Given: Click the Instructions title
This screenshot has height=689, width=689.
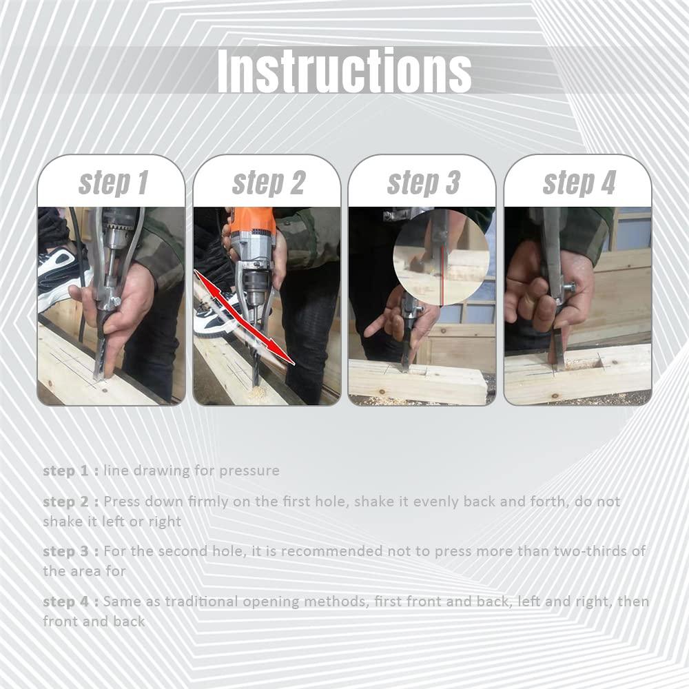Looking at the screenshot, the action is pyautogui.click(x=344, y=70).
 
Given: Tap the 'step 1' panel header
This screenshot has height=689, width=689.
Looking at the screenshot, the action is pyautogui.click(x=113, y=183).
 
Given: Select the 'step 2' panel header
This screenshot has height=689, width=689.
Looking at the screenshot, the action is pyautogui.click(x=268, y=183).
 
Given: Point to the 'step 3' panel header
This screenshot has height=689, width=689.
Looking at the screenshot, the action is pyautogui.click(x=423, y=183).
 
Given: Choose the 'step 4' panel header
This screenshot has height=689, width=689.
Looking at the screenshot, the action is pyautogui.click(x=579, y=183).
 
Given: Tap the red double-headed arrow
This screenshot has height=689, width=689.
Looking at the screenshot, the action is pyautogui.click(x=245, y=317).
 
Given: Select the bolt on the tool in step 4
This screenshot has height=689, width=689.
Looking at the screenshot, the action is pyautogui.click(x=568, y=288).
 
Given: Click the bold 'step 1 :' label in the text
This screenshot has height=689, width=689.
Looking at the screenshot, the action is pyautogui.click(x=71, y=471).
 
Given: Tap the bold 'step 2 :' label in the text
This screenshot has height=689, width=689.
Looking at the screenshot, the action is pyautogui.click(x=71, y=502).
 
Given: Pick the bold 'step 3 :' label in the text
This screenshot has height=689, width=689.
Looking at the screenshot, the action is pyautogui.click(x=71, y=551).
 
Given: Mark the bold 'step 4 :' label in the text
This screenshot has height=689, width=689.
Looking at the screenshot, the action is pyautogui.click(x=71, y=601).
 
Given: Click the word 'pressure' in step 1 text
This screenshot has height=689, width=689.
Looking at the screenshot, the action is pyautogui.click(x=249, y=471).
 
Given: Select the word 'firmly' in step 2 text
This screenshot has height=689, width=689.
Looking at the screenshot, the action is pyautogui.click(x=208, y=502).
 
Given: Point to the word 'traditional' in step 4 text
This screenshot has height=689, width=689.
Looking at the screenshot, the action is pyautogui.click(x=201, y=601).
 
